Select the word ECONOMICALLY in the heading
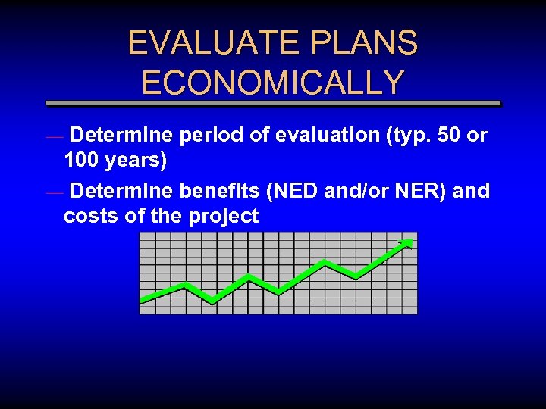273,83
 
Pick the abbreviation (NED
292,191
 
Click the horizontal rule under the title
273,103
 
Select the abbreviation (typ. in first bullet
407,136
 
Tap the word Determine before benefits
123,191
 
